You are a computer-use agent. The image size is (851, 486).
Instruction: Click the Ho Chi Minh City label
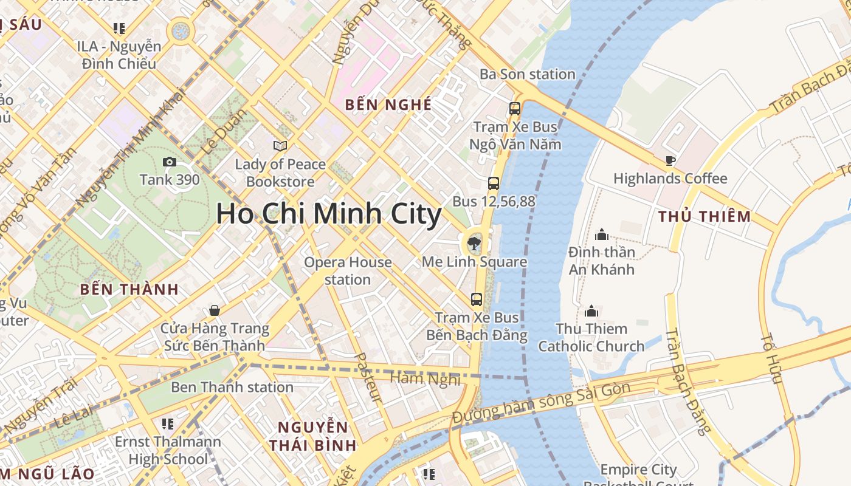point(328,214)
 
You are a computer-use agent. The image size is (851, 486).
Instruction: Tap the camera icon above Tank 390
point(170,162)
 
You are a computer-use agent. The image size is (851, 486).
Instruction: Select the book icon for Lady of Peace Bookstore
point(280,146)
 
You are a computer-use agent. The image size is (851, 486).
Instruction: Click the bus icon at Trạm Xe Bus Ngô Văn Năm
point(515,109)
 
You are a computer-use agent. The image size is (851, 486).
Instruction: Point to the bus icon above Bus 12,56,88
point(494,183)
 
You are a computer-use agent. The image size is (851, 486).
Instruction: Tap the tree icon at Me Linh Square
point(473,244)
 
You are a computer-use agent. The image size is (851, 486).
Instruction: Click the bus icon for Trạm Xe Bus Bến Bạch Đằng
point(477,299)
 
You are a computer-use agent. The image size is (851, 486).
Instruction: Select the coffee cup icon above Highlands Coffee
point(670,160)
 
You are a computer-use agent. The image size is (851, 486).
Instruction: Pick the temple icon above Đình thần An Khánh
point(602,234)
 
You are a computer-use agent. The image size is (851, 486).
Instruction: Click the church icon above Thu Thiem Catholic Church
point(591,311)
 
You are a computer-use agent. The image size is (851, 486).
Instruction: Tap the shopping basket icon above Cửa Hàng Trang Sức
point(215,310)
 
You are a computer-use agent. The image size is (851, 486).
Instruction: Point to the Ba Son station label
point(527,74)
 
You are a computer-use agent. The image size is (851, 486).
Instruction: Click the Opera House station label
point(348,271)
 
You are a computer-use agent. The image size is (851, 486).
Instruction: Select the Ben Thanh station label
point(232,387)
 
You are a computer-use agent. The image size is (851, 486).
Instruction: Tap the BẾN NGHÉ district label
point(388,104)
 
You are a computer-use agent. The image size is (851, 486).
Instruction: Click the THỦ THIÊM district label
point(705,216)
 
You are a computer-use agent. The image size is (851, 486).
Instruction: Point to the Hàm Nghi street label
point(425,378)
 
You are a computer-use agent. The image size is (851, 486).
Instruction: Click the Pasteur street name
point(368,378)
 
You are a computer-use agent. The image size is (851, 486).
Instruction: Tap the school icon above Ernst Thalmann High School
point(168,423)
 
